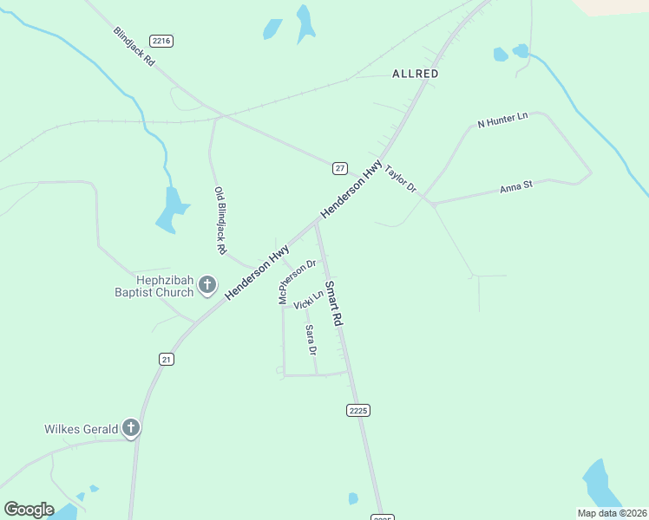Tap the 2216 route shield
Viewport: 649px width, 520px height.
click(x=161, y=41)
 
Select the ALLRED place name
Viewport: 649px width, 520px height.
click(x=415, y=75)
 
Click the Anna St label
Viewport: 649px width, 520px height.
click(x=521, y=188)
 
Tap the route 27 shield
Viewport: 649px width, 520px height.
click(x=340, y=167)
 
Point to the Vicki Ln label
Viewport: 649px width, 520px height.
click(x=308, y=301)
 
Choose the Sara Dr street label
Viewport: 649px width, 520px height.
click(x=311, y=340)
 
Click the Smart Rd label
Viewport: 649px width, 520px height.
click(x=334, y=302)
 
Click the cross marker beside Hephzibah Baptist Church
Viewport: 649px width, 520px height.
click(x=207, y=284)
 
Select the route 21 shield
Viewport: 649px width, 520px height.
click(x=167, y=359)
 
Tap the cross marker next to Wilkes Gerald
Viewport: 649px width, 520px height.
click(x=131, y=427)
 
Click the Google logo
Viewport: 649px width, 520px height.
click(x=29, y=510)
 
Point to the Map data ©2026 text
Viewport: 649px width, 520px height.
click(x=612, y=513)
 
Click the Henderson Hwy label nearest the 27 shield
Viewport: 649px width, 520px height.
click(x=351, y=188)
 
